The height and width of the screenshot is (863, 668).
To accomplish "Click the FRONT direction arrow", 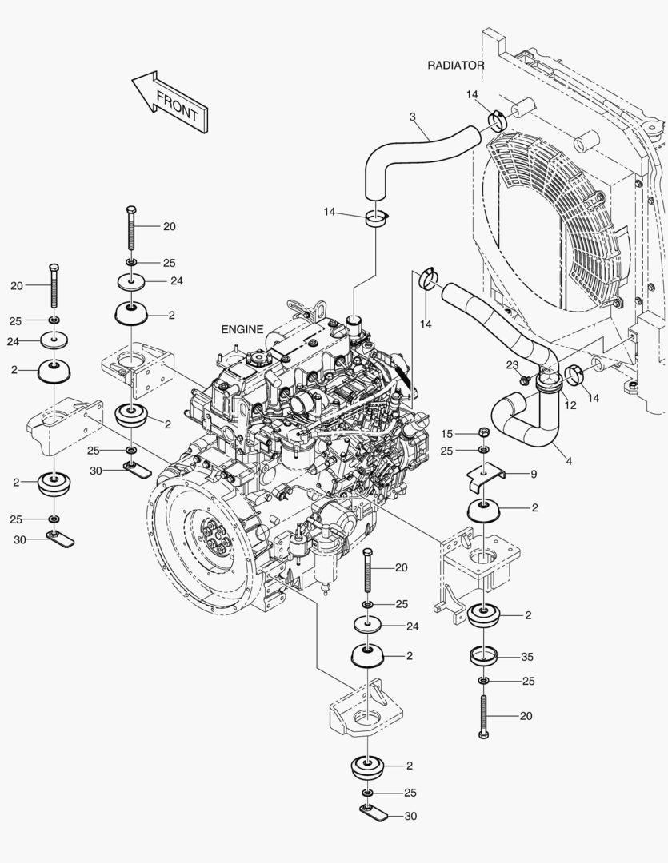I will coord(170,102).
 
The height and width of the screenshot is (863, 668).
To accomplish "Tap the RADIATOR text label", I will coord(456,65).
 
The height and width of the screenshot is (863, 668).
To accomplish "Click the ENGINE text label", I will coord(242,329).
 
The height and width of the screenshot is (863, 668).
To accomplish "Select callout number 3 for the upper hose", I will coord(413,117).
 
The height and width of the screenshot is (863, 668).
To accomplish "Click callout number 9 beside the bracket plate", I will coord(534,474).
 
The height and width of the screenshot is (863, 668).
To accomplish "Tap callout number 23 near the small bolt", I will coord(513,364).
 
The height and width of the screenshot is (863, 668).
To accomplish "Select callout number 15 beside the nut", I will coord(447,433).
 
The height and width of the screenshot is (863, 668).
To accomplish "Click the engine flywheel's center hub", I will coord(214,542).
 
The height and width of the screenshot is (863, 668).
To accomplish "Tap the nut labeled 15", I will coord(483,433).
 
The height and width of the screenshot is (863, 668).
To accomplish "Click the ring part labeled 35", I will coord(483,656).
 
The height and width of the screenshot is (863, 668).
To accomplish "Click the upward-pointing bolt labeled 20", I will coord(484,716).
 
